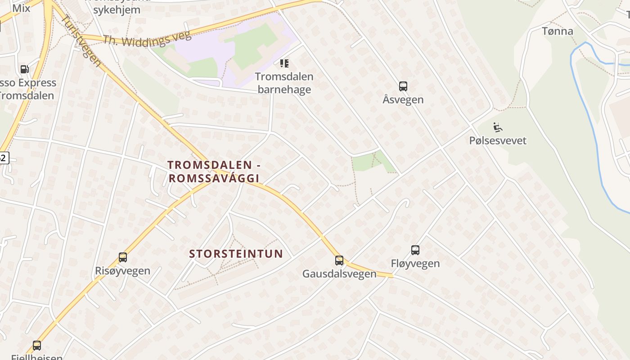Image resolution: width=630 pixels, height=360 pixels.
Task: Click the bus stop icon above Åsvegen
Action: [403, 86]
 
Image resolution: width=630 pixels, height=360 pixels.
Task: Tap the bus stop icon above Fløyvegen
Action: [415, 250]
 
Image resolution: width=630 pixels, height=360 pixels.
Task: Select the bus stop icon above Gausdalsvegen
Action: [339, 260]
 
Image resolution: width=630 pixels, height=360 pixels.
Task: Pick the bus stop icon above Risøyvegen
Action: [123, 257]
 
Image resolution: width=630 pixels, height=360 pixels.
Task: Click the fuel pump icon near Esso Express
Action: [24, 69]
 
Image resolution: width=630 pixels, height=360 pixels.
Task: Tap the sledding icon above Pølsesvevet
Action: [498, 127]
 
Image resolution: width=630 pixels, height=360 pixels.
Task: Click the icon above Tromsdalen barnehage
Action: [284, 63]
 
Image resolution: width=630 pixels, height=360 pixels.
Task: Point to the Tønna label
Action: [558, 31]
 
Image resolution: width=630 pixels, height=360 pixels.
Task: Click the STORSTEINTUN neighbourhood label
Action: [236, 254]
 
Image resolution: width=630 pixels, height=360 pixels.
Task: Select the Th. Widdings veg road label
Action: [147, 39]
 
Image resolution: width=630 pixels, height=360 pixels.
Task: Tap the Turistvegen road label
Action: [81, 41]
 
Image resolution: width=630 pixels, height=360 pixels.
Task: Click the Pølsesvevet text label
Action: [498, 140]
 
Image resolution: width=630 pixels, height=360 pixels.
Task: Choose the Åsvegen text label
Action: [403, 99]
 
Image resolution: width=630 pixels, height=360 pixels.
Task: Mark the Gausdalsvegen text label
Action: [339, 274]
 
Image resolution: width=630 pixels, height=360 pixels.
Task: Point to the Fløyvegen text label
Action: [415, 263]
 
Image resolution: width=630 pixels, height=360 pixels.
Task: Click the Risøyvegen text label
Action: [123, 271]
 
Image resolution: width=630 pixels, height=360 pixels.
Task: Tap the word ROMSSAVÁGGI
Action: [214, 178]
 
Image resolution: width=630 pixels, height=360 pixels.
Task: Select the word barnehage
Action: [284, 89]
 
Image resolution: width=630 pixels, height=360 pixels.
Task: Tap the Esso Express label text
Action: [30, 83]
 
